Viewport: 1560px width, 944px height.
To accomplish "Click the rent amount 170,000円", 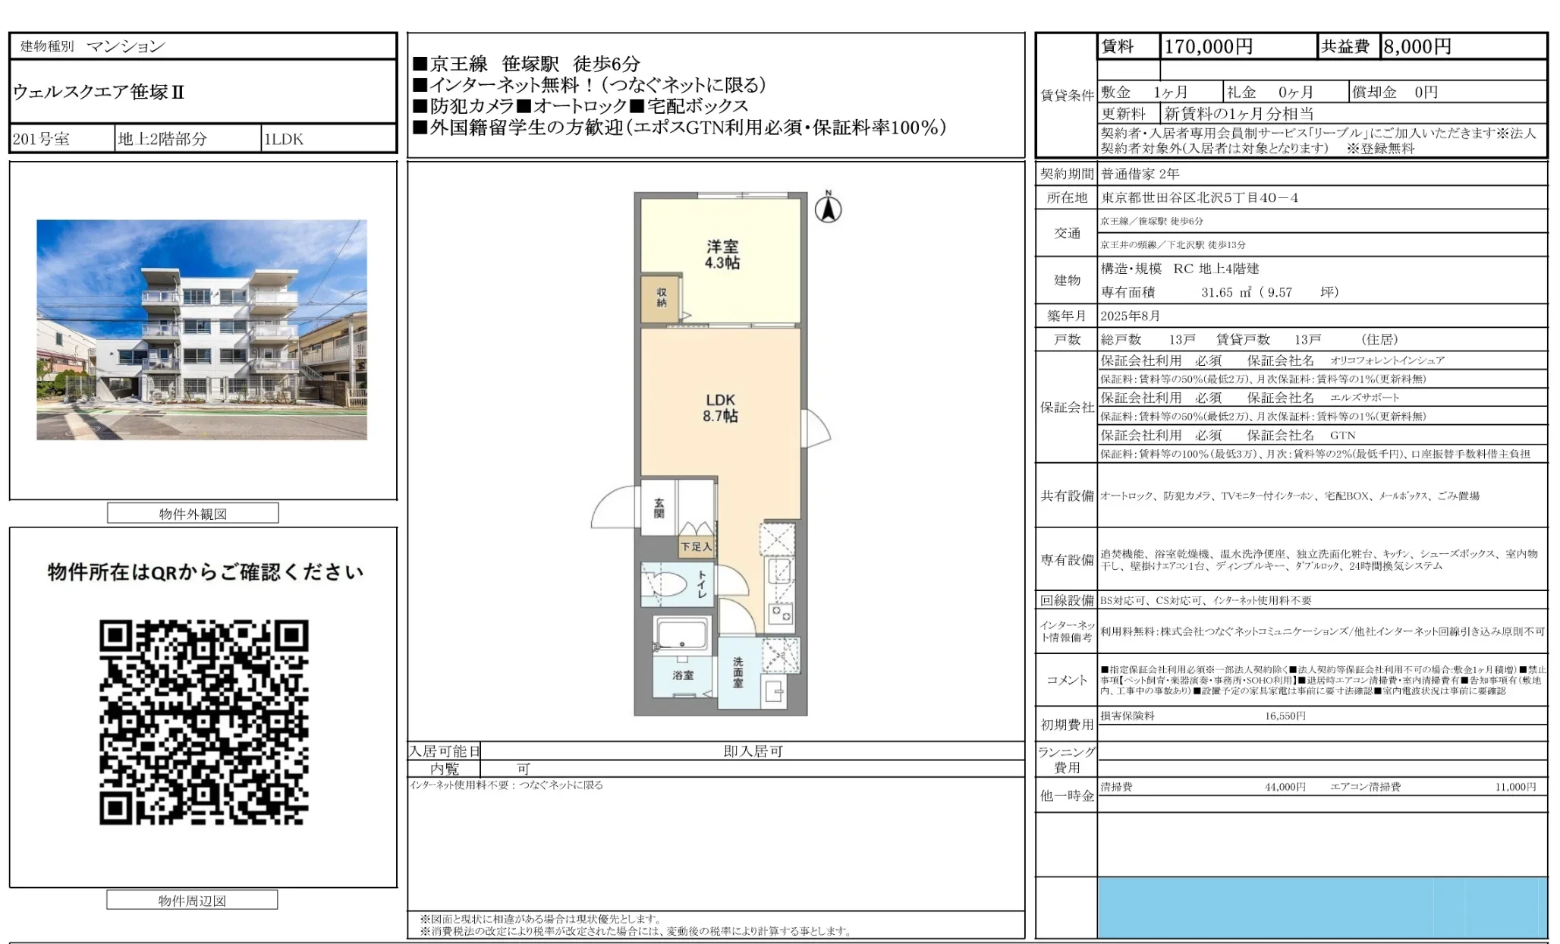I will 1208,47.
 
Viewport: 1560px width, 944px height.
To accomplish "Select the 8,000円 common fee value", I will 1417,47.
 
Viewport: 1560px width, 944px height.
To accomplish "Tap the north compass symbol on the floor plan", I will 828,208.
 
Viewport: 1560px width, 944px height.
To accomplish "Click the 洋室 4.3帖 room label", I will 722,255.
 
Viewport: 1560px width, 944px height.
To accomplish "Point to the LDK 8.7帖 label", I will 720,407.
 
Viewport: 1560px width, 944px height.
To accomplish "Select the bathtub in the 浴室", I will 681,634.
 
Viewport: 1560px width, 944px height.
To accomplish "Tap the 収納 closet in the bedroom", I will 662,297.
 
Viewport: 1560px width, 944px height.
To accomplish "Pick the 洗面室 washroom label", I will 738,672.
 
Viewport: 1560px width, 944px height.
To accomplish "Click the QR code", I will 203,722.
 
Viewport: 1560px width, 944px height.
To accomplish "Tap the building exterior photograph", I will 202,329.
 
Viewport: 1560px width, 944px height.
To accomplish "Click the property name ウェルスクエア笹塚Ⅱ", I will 99,93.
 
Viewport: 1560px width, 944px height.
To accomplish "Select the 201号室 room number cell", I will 42,139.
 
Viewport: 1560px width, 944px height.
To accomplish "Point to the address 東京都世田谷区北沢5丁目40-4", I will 1200,198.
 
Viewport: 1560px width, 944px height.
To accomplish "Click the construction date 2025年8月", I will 1131,316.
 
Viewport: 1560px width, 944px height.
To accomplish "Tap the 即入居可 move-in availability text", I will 753,751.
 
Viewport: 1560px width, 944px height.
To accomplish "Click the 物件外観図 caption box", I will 193,514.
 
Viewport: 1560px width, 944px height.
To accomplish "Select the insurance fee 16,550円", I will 1285,716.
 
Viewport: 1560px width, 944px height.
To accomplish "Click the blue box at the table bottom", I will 1322,908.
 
